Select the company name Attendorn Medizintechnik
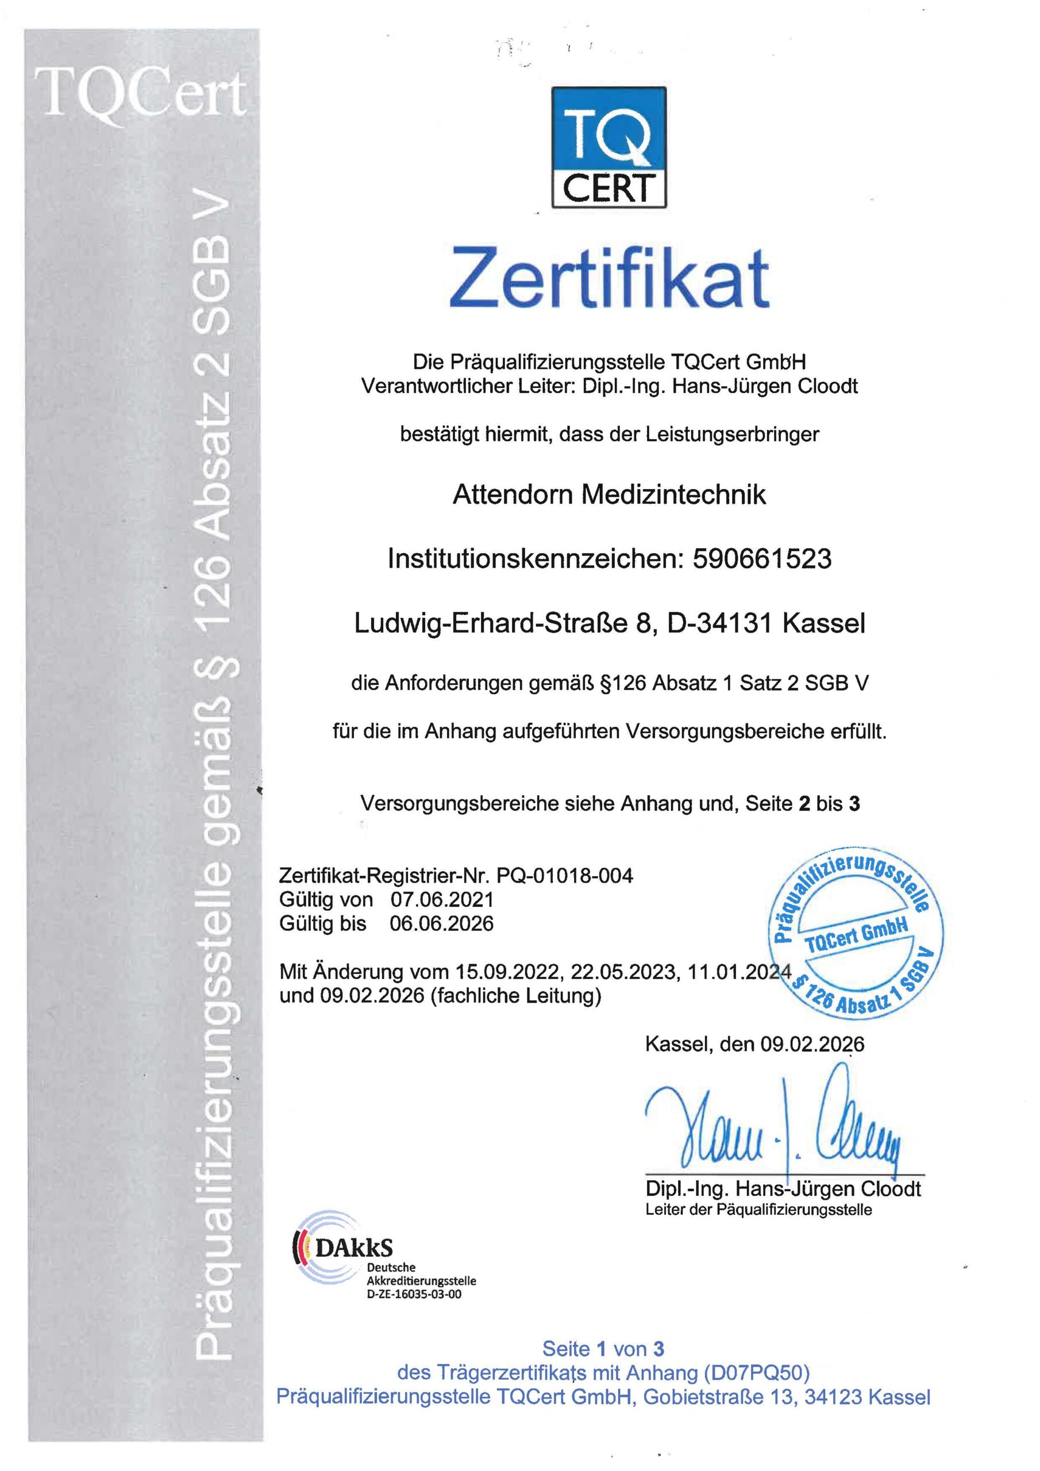click(x=608, y=495)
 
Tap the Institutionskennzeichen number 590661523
click(x=762, y=559)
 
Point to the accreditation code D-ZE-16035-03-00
click(x=413, y=1293)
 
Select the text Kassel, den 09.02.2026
click(x=754, y=1044)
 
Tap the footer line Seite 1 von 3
click(x=603, y=1349)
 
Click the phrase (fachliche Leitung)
click(x=516, y=996)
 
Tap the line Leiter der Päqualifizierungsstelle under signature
click(x=758, y=1210)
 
